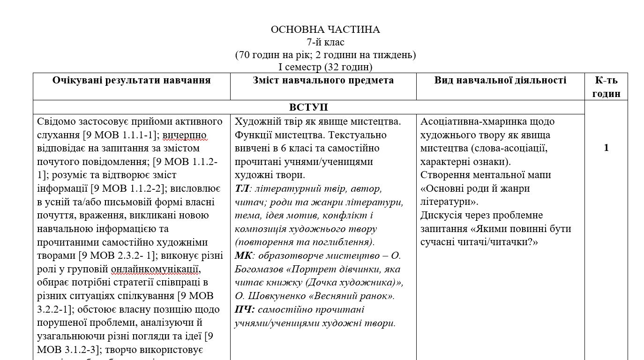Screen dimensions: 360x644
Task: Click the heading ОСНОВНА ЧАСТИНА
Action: [x=325, y=30]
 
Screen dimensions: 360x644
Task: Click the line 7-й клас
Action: [x=325, y=42]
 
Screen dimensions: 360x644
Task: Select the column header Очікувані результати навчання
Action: [x=131, y=80]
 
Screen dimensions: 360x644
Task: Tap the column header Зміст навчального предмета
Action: [x=323, y=80]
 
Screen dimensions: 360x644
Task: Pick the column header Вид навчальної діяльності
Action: [x=500, y=80]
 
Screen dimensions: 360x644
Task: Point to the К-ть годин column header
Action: [x=606, y=87]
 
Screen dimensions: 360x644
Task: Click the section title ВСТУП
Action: [x=308, y=107]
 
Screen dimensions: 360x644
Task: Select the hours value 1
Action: [x=606, y=148]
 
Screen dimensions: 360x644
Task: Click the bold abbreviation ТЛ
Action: [x=241, y=189]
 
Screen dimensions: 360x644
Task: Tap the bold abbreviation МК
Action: [x=243, y=256]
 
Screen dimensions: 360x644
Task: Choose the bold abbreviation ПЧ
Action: [x=244, y=310]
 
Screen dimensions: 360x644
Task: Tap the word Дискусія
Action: [x=442, y=216]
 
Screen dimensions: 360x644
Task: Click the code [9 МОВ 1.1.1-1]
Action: [x=119, y=135]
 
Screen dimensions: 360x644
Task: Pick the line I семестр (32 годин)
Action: [x=325, y=67]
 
